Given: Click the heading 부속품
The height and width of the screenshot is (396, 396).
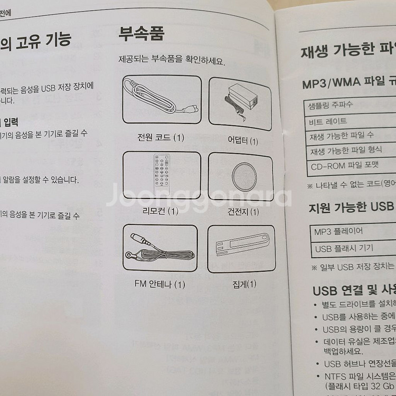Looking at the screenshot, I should pos(141,34).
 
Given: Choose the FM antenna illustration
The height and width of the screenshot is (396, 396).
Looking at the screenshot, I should pos(161,250).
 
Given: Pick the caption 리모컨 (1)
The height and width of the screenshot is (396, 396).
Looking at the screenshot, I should pos(160,211).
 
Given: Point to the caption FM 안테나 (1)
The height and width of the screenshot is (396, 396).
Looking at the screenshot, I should pos(160,285).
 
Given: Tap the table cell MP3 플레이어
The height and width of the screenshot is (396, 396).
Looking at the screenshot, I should pos(338,231).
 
